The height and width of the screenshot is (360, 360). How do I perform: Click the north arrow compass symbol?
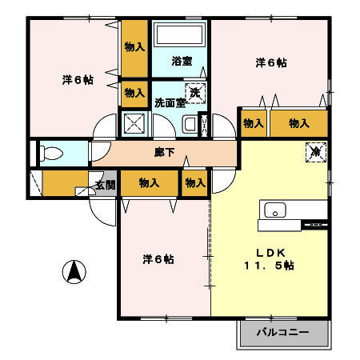(74, 272)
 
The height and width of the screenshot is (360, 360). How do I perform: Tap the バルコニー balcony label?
(283, 331)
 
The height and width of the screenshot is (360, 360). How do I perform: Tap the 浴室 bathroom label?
(182, 61)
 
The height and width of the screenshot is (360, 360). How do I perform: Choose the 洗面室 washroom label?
(170, 102)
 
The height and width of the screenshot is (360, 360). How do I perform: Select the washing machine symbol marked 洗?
(195, 92)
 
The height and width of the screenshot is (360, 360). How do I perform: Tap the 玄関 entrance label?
(105, 186)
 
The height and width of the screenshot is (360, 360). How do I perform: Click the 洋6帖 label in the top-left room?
(77, 80)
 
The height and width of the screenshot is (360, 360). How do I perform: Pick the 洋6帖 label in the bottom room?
(158, 259)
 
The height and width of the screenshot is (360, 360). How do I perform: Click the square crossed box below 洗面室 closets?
(134, 124)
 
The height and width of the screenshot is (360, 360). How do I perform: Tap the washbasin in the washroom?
(190, 124)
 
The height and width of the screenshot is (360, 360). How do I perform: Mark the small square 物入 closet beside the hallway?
(195, 182)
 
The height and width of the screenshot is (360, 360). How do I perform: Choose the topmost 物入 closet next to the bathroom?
(134, 47)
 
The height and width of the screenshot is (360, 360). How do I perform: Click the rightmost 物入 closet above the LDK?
(298, 123)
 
